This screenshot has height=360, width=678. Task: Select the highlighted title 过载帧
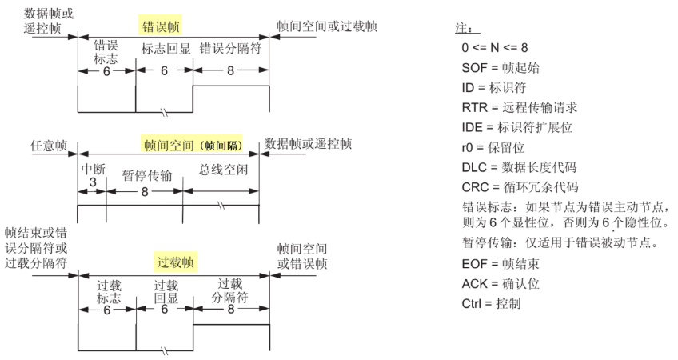176,261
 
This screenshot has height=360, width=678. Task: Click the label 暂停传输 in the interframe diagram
144,174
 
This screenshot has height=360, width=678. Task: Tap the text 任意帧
49,146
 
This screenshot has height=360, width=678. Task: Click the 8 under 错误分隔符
232,70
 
